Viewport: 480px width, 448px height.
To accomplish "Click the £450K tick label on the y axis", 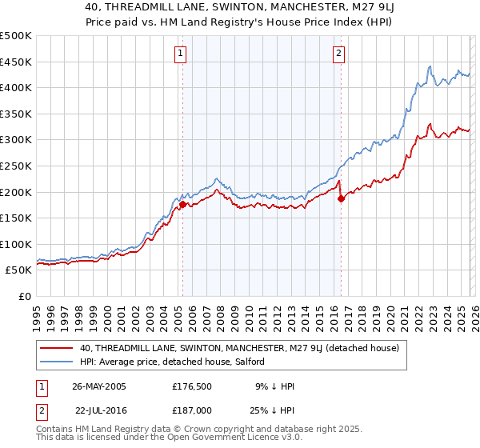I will pyautogui.click(x=16, y=62).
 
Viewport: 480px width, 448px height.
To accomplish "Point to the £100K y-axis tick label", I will pyautogui.click(x=16, y=244).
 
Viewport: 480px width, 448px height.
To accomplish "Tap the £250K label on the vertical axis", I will pyautogui.click(x=16, y=166).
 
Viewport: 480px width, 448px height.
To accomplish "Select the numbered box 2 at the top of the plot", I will pyautogui.click(x=339, y=54).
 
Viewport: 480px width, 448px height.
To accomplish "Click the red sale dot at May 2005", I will pyautogui.click(x=182, y=204).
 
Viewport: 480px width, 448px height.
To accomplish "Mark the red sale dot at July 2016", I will pyautogui.click(x=341, y=198).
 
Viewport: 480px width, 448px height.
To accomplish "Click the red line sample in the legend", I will pyautogui.click(x=57, y=348).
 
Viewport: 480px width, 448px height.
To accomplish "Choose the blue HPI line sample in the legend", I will pyautogui.click(x=57, y=362).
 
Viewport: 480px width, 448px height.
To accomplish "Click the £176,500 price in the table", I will pyautogui.click(x=191, y=386).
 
